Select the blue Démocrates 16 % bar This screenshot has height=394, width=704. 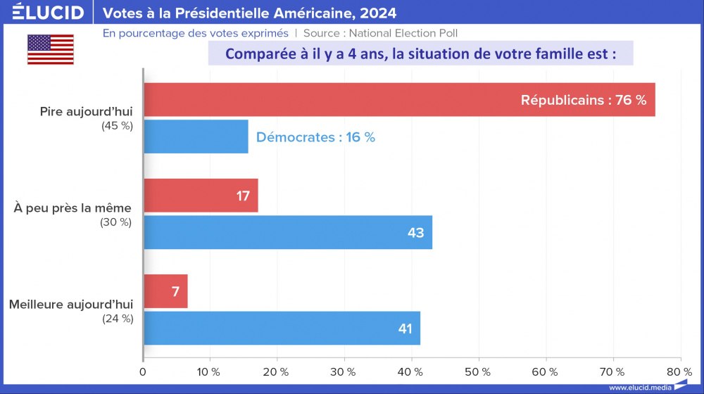196,136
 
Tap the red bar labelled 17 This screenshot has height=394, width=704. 201,196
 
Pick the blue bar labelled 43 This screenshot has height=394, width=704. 287,232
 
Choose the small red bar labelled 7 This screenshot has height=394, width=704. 165,291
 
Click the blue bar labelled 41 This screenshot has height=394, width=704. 282,328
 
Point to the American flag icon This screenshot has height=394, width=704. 51,49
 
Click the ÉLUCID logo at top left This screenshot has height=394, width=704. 47,13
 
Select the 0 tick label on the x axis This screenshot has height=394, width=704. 144,371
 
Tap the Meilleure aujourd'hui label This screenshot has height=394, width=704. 70,305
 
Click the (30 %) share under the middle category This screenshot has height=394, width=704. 116,222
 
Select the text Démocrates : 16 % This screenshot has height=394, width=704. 315,137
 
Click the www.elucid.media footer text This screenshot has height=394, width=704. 641,388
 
